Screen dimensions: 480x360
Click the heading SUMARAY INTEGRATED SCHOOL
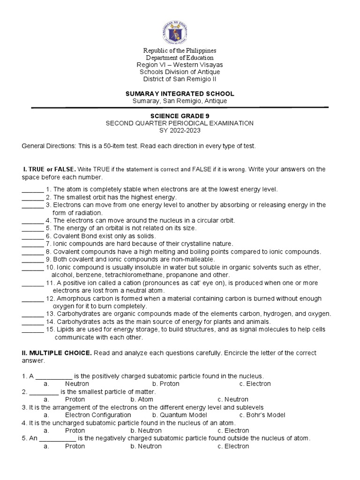[x=180, y=94]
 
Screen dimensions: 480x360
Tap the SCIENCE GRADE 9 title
[x=180, y=115]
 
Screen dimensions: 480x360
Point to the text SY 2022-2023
[x=180, y=131]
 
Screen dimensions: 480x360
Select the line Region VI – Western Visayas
[x=180, y=65]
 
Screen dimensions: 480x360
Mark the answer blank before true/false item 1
[x=32, y=190]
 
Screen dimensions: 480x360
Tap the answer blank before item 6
[x=32, y=236]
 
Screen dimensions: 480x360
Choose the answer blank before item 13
[x=32, y=314]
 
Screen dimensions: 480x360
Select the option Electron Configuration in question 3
[x=98, y=415]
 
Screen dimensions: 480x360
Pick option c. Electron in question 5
[x=233, y=446]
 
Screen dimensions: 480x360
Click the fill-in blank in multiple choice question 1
[x=54, y=376]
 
